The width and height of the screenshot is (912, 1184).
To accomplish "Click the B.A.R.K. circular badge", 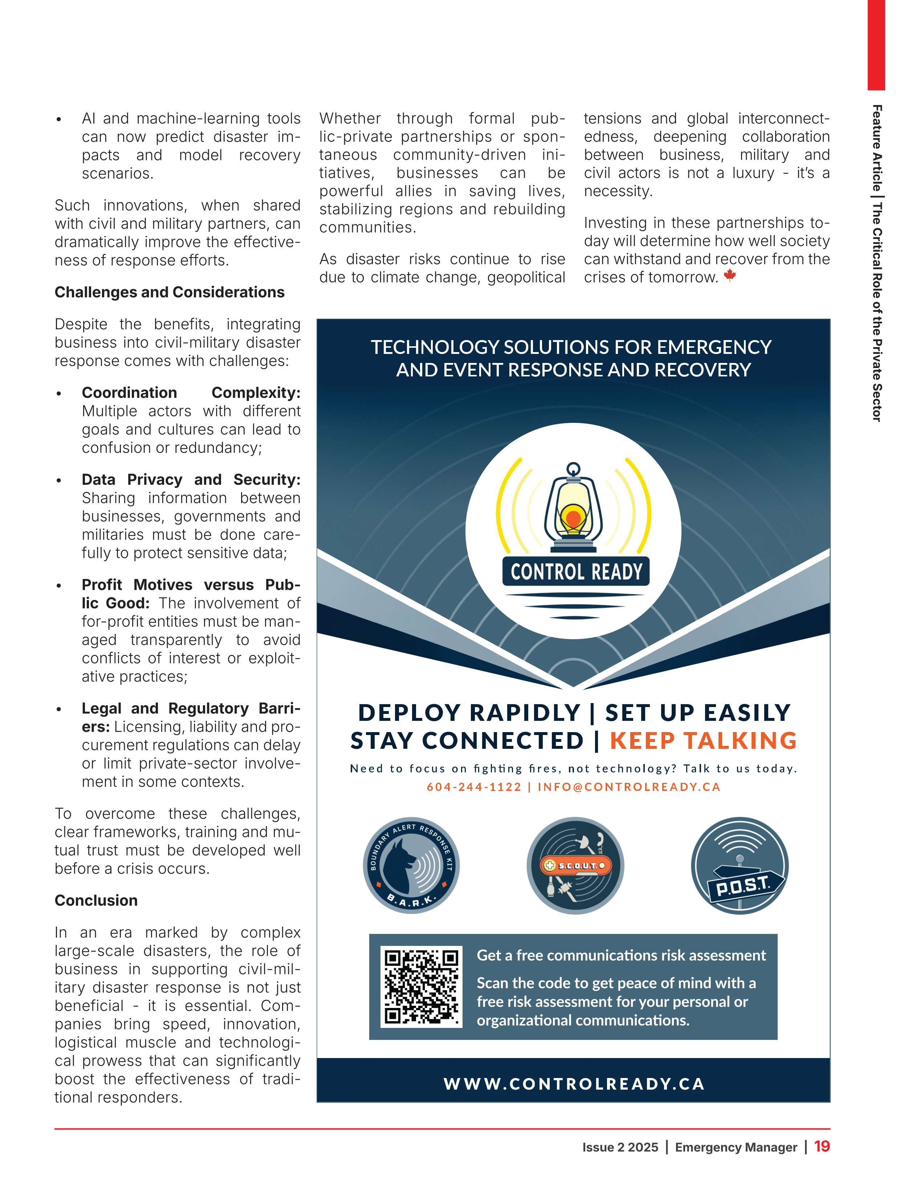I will [x=411, y=865].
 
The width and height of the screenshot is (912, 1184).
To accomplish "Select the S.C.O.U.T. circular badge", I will [x=575, y=865].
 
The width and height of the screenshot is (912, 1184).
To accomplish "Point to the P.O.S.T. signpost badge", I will [x=740, y=865].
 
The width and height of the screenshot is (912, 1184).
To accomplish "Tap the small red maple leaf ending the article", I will [x=730, y=275].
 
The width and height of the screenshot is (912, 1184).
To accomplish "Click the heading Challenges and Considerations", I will [x=169, y=292].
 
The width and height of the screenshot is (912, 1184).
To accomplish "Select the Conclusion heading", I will [x=96, y=901].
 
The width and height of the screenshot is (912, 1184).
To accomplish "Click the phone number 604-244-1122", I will [x=474, y=787].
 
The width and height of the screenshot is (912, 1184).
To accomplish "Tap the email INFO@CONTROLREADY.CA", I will [x=629, y=787].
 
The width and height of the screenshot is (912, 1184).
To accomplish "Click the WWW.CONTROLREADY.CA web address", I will [x=574, y=1084].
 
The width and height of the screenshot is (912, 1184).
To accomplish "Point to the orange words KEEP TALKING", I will [x=703, y=740].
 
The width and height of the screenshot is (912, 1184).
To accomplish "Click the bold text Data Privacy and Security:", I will [x=191, y=480].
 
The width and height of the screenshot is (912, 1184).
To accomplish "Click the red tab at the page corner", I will [x=876, y=43].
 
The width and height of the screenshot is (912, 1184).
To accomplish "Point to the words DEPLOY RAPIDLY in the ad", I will [x=469, y=713].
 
